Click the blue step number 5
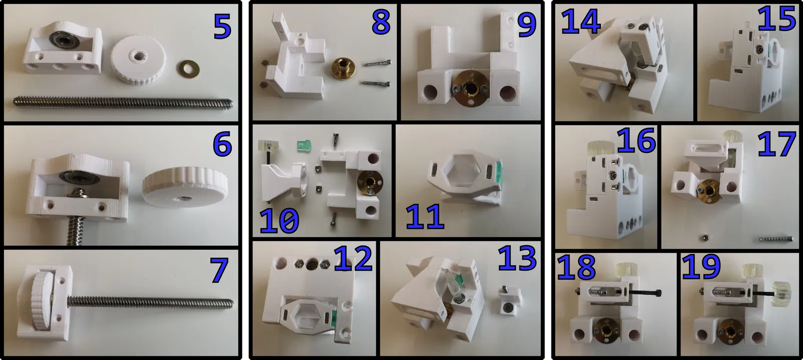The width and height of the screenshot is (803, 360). pyautogui.click(x=222, y=26)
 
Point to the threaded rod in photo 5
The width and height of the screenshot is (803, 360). pyautogui.click(x=123, y=103)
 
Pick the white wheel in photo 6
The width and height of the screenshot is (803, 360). pyautogui.click(x=185, y=186)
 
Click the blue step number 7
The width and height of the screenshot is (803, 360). pyautogui.click(x=219, y=270)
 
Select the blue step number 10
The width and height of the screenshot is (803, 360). pyautogui.click(x=279, y=220)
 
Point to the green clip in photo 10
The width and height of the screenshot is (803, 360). pyautogui.click(x=304, y=147)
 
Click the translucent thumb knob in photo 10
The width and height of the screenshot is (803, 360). pyautogui.click(x=268, y=146)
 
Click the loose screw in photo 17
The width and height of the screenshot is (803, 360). pyautogui.click(x=775, y=238)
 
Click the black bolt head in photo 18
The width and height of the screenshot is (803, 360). pyautogui.click(x=657, y=293)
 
